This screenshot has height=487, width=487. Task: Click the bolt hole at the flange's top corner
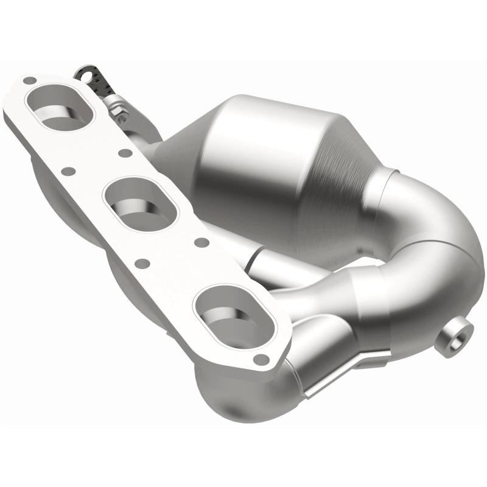point(27,80)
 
